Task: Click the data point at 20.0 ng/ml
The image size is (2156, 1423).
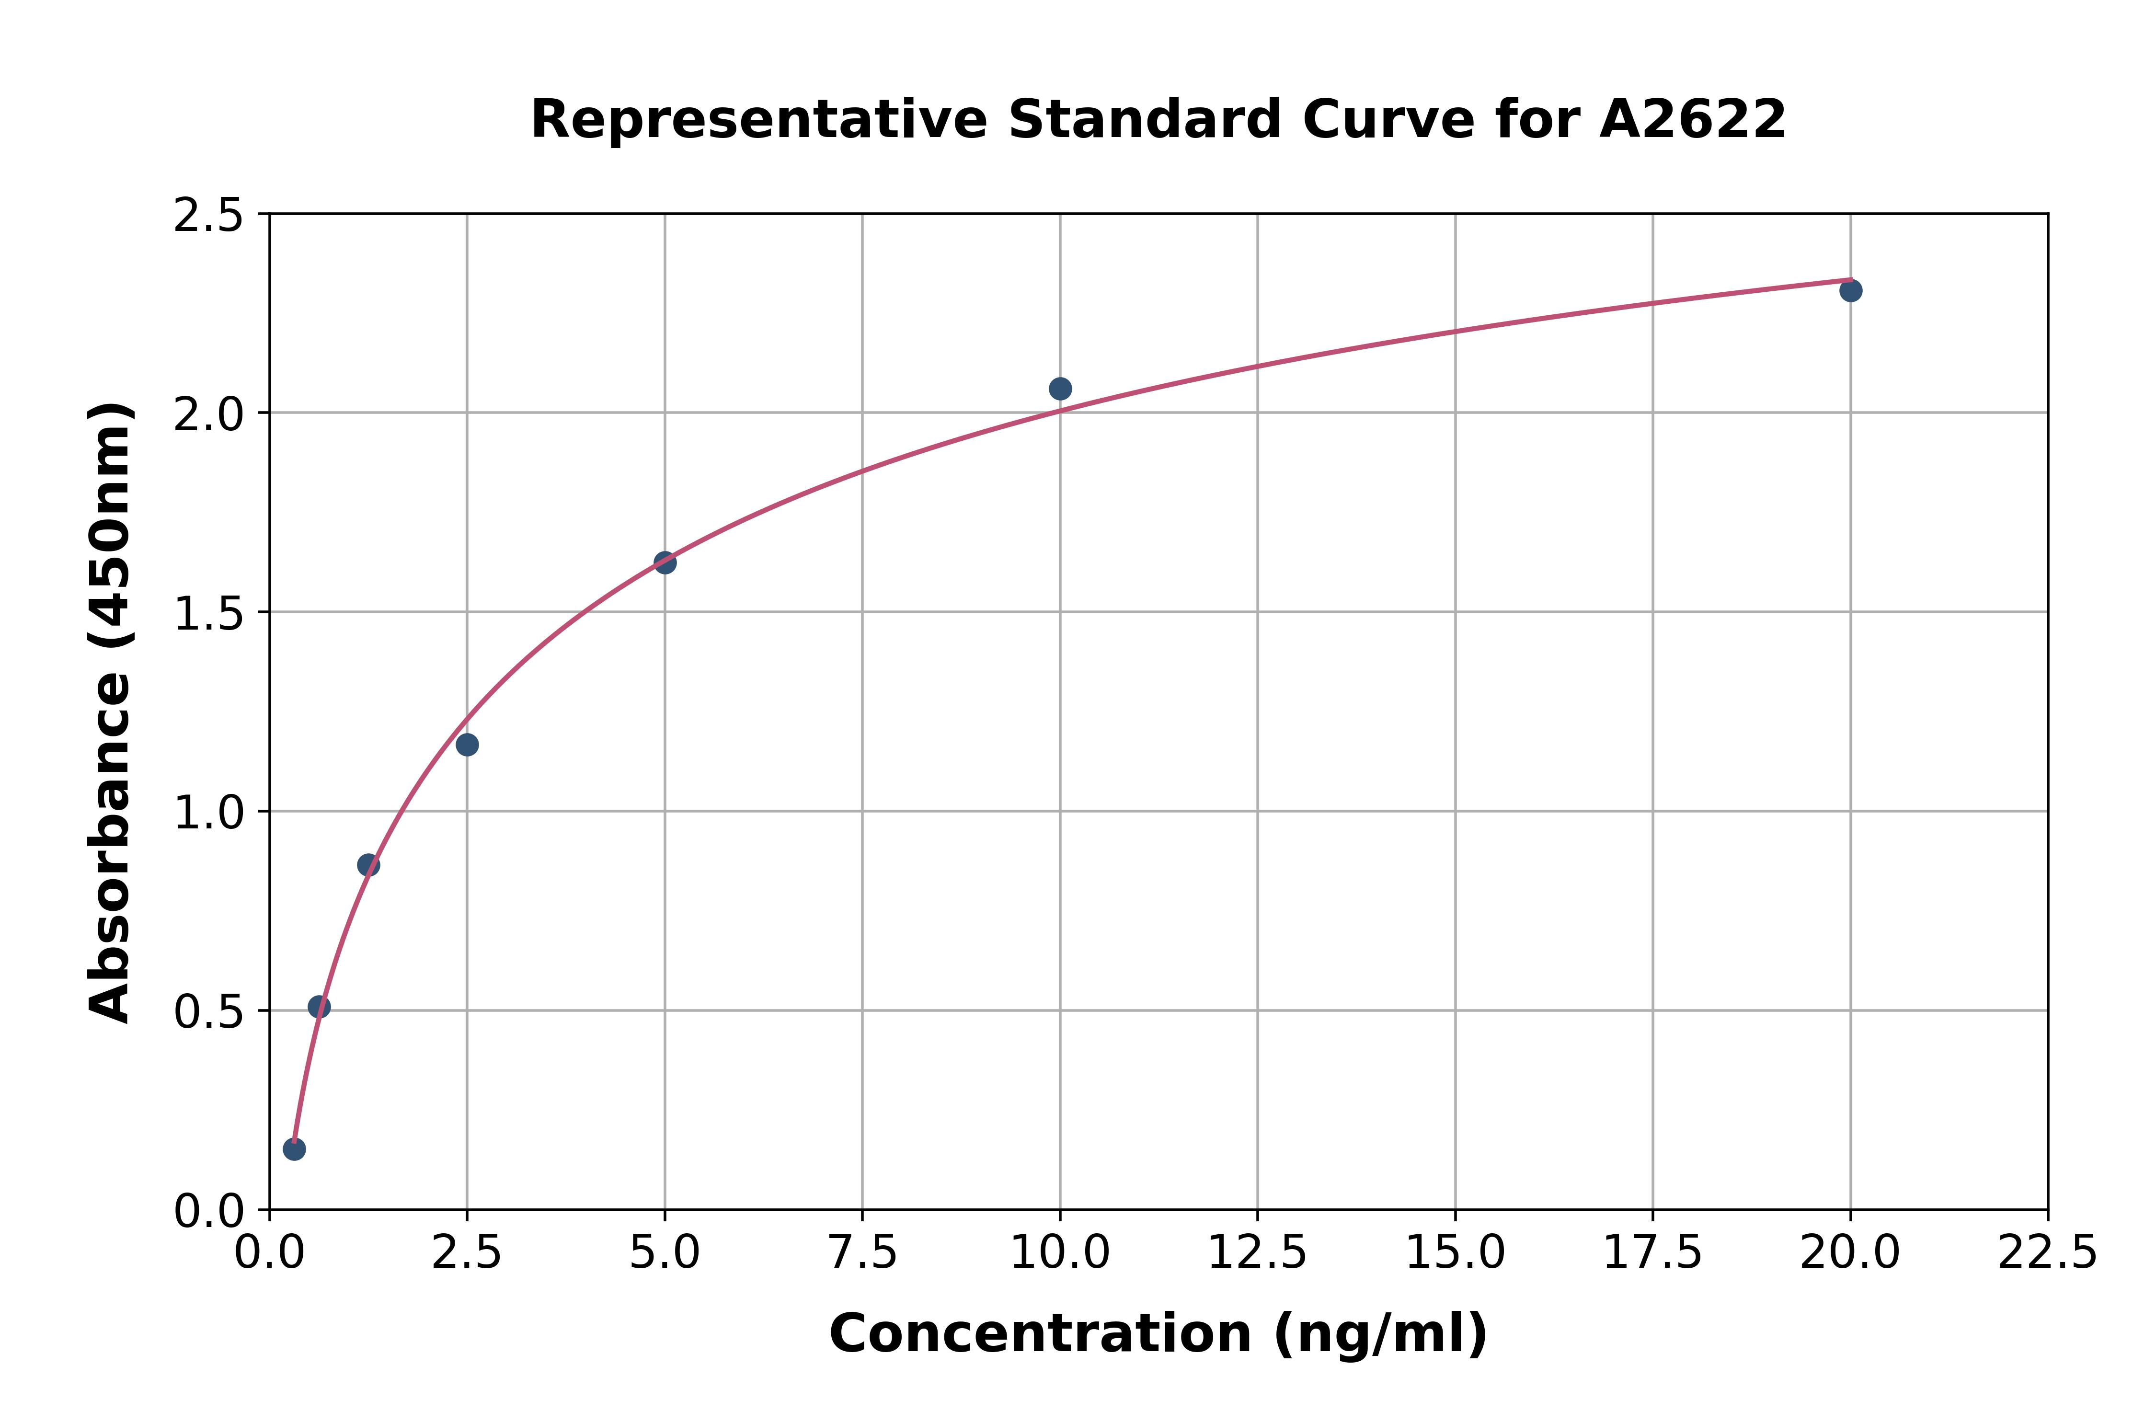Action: click(x=1850, y=290)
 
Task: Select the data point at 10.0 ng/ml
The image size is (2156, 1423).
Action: click(x=1060, y=389)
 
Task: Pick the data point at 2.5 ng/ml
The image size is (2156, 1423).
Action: click(x=467, y=745)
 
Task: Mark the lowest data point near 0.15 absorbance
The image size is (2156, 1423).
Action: click(x=294, y=1149)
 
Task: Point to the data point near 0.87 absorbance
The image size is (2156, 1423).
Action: click(x=368, y=865)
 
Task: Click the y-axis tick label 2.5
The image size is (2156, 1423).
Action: click(x=209, y=216)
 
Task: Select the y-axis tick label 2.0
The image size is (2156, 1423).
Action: click(x=209, y=415)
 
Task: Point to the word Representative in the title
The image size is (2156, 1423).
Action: click(x=758, y=120)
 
